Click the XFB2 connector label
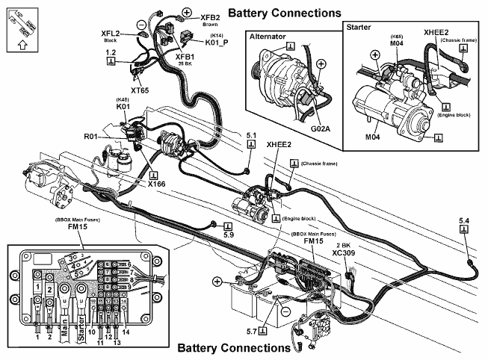coord(210,16)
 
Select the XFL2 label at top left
coord(114,34)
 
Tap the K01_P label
coord(196,42)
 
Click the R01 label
coord(91,137)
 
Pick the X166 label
coord(157,184)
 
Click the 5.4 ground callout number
coord(464,220)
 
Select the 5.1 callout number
coord(252,136)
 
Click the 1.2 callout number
coord(111,53)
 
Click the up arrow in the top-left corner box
coord(19,43)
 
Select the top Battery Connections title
coord(284,13)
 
